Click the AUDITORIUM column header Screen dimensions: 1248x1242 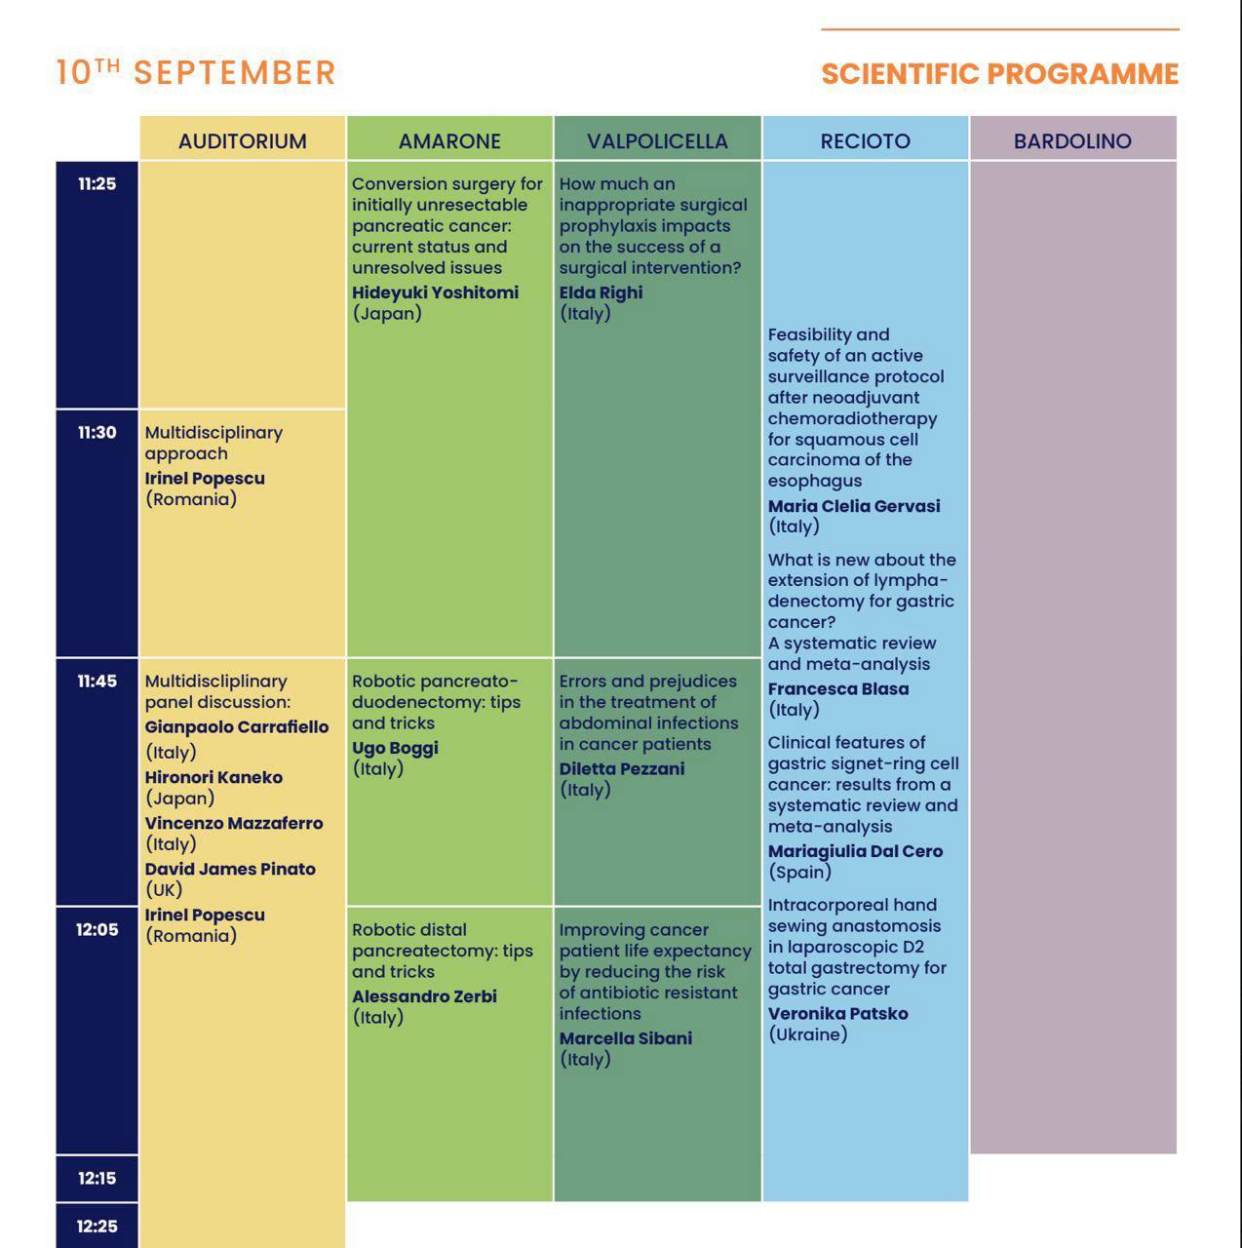242,140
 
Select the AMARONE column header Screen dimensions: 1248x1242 449,140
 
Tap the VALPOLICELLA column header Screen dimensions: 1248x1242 657,140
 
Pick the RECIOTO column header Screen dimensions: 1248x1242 865,140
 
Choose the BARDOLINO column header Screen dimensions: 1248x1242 1072,140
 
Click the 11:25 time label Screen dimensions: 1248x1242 97,184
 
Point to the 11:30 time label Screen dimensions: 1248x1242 97,433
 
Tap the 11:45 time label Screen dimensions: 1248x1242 97,682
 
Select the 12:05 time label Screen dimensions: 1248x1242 97,930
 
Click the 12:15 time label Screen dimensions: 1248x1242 97,1179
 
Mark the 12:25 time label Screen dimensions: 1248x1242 97,1227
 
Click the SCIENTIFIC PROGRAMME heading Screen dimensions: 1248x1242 999,74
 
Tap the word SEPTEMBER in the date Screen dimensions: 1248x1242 234,73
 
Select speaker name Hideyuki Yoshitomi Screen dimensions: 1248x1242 435,292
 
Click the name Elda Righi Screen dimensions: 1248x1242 601,292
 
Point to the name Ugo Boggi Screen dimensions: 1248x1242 395,748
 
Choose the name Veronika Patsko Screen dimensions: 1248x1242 837,1014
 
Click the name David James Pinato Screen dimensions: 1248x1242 230,869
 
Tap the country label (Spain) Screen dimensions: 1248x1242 799,873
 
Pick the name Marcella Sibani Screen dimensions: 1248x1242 625,1038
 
